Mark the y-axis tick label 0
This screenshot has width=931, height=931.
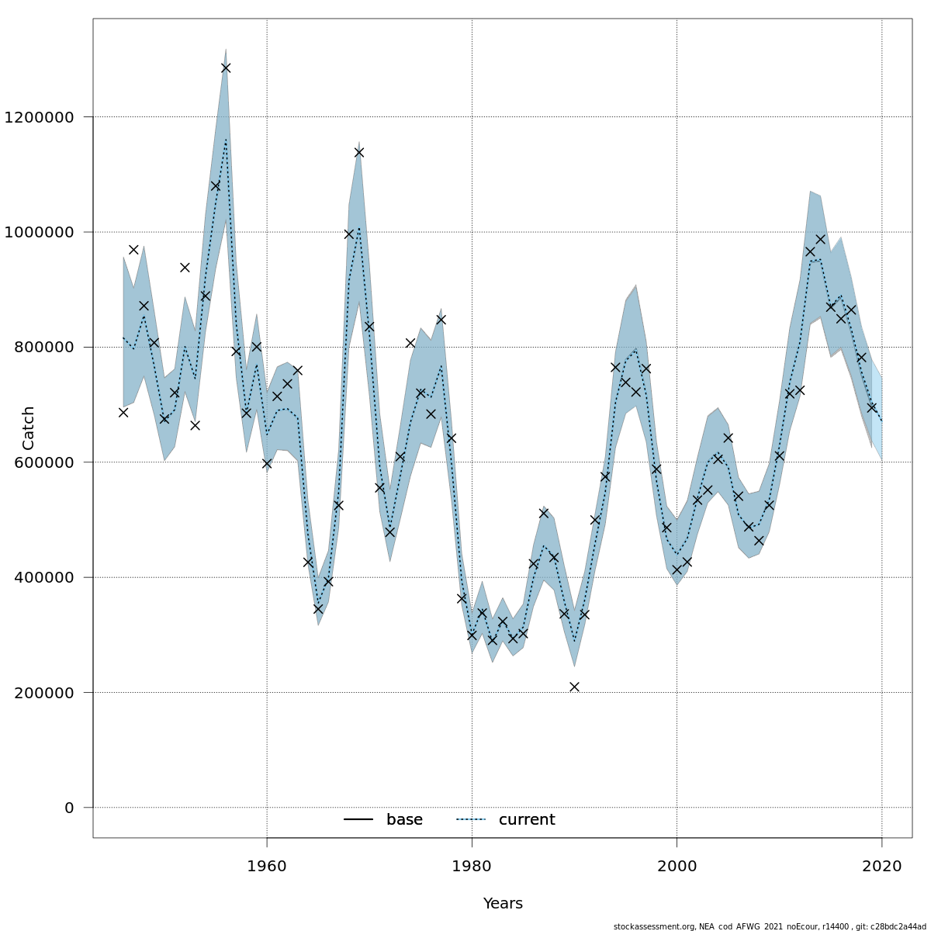[x=69, y=808]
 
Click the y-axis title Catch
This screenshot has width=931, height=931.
[x=29, y=427]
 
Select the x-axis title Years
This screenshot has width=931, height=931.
[x=503, y=904]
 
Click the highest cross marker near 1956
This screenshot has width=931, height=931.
[x=226, y=67]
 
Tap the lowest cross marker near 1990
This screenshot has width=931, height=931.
[x=574, y=687]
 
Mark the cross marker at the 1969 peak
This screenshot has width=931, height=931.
[x=359, y=152]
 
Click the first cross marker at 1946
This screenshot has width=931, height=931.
[x=123, y=412]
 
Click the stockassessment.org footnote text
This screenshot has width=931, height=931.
[x=770, y=926]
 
